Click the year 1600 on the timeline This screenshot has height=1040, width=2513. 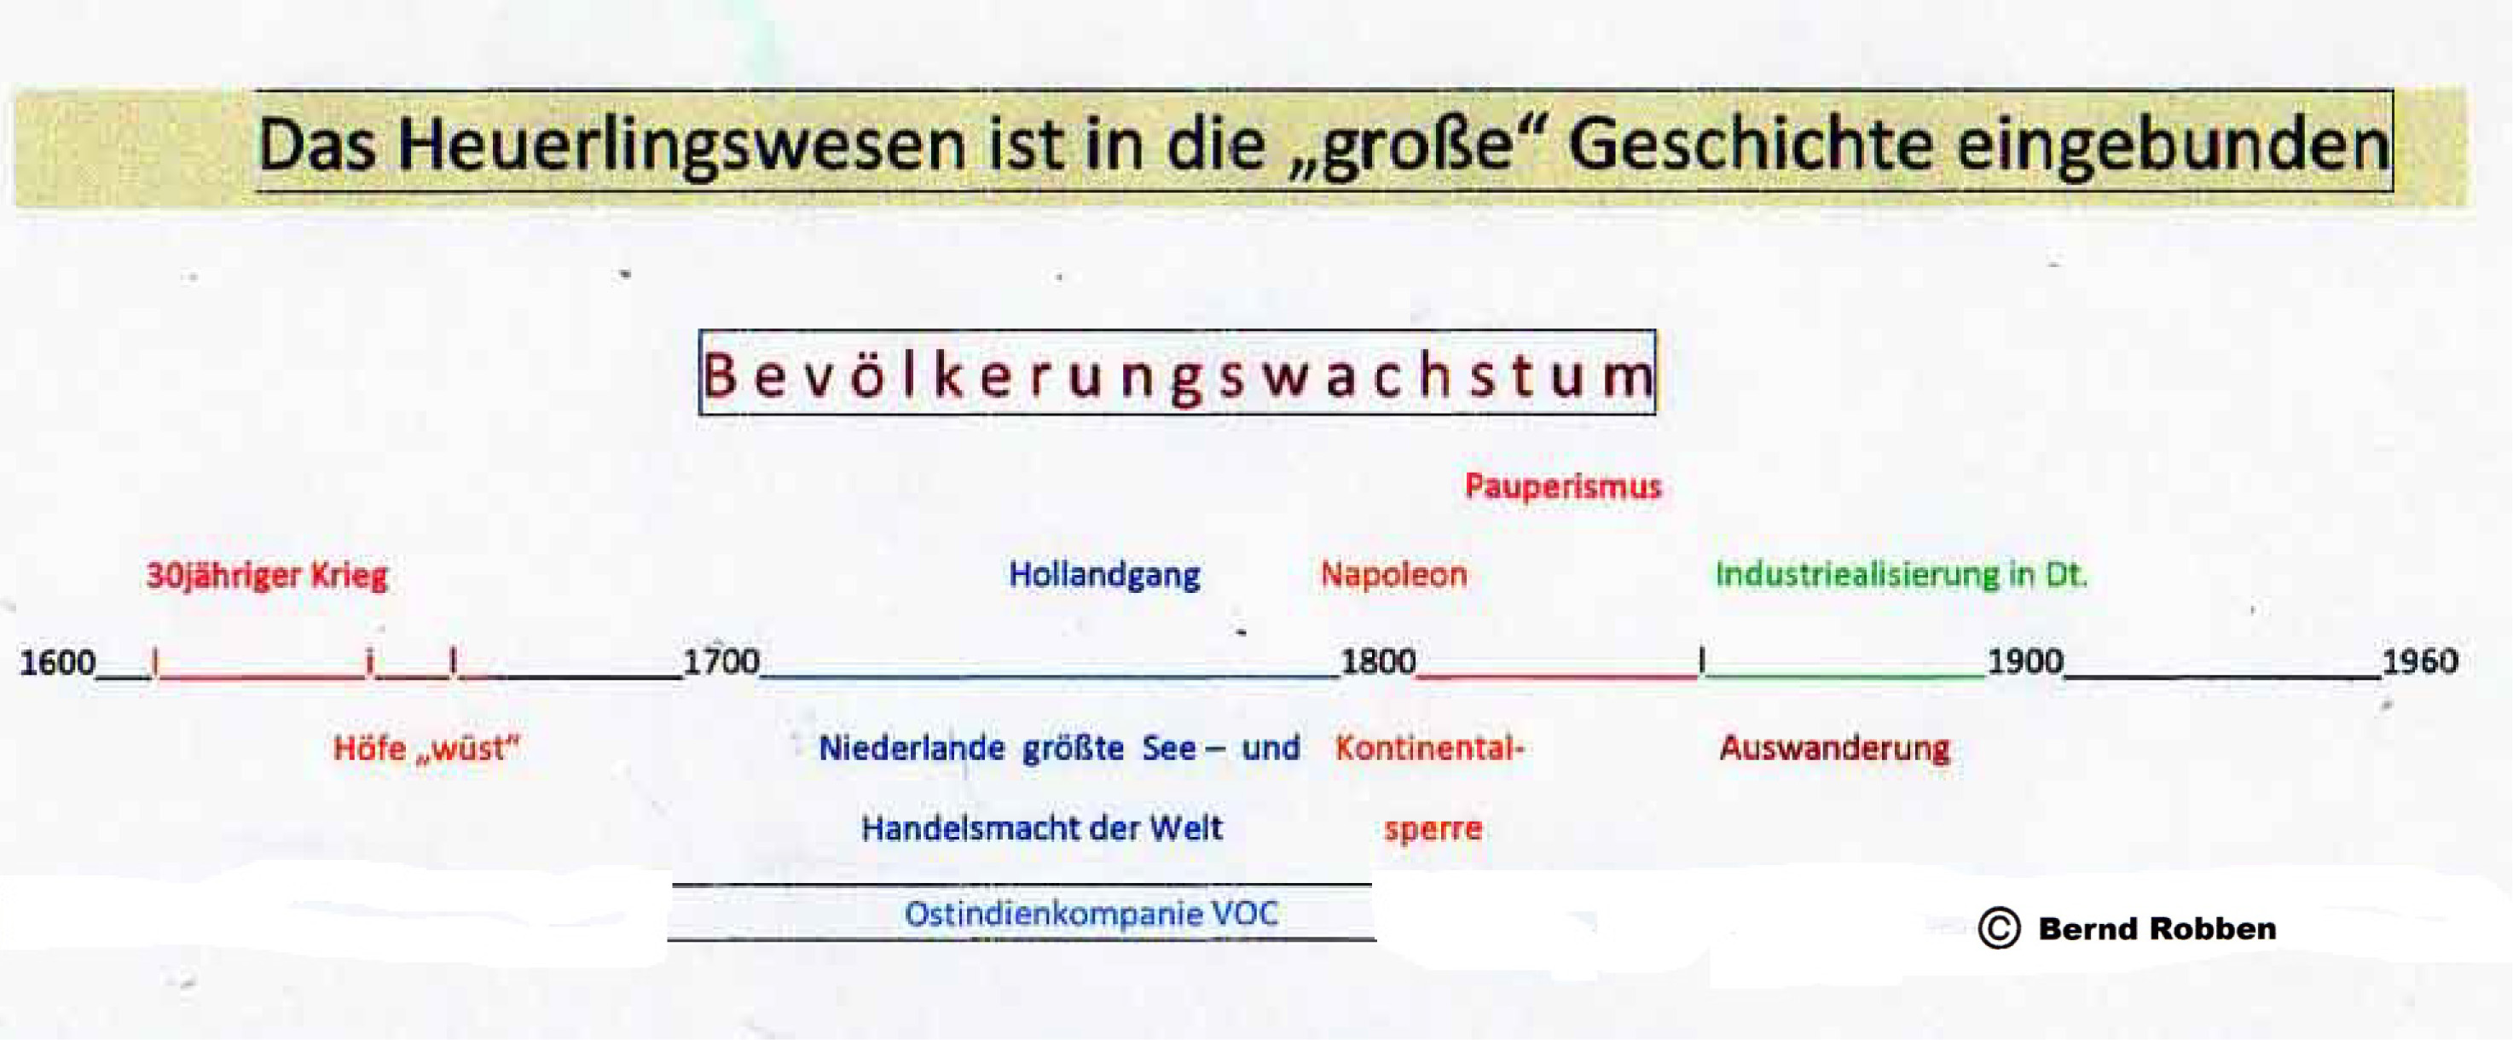pyautogui.click(x=57, y=662)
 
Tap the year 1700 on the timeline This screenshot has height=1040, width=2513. pyautogui.click(x=721, y=661)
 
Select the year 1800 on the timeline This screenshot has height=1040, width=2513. pyautogui.click(x=1377, y=661)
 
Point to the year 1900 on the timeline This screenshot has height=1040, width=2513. pyautogui.click(x=2025, y=661)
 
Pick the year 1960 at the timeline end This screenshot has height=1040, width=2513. pyautogui.click(x=2419, y=661)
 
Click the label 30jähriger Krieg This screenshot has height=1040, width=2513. pyautogui.click(x=266, y=576)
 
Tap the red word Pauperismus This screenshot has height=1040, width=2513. pyautogui.click(x=1563, y=485)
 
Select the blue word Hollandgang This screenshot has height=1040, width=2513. pyautogui.click(x=1104, y=576)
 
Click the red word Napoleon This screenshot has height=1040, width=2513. pyautogui.click(x=1394, y=575)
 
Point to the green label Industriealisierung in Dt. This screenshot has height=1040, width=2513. pyautogui.click(x=1902, y=575)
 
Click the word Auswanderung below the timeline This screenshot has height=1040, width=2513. pyautogui.click(x=1834, y=748)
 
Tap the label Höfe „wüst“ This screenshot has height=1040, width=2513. pyautogui.click(x=426, y=748)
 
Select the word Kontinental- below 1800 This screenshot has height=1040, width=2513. pyautogui.click(x=1429, y=748)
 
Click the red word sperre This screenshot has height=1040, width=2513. pyautogui.click(x=1433, y=829)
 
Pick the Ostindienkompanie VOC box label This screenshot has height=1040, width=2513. pyautogui.click(x=1091, y=914)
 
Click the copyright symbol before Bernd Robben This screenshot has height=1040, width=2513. pyautogui.click(x=1999, y=927)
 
